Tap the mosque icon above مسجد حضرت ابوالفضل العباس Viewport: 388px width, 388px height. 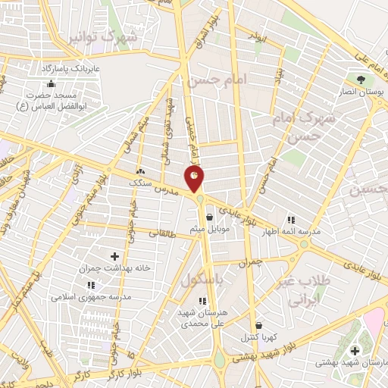51,83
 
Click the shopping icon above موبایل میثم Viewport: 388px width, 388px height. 208,217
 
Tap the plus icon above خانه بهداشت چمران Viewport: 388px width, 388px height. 114,257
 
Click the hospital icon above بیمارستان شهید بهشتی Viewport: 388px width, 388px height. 355,352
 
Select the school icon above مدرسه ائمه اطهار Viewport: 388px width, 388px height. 290,221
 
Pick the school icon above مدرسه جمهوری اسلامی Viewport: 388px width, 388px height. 91,286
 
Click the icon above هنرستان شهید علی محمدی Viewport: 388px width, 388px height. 202,301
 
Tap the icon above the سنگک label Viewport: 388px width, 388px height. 141,171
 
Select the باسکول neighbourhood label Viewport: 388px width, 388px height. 202,280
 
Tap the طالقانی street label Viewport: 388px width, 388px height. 163,234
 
